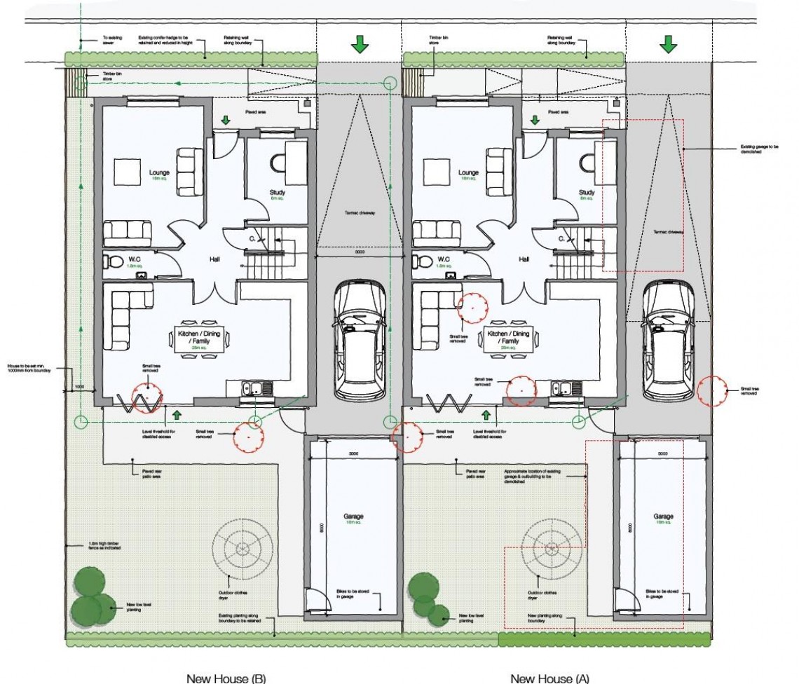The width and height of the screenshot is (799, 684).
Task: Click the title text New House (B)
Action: [225, 678]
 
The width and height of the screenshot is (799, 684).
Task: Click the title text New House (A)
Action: [549, 678]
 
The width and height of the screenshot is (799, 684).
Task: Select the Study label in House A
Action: [587, 193]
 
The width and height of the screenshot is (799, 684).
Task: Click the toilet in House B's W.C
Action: [111, 263]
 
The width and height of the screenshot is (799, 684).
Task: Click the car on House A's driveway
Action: [668, 340]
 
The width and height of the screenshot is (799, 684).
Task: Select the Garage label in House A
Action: [663, 517]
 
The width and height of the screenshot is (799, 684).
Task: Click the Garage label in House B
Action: [353, 517]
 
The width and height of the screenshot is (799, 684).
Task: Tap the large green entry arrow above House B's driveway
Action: [360, 45]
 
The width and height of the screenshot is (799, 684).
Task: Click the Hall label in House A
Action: [524, 259]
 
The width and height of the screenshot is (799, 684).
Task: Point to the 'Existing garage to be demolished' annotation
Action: [759, 149]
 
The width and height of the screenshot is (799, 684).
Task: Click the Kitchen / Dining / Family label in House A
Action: [506, 338]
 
